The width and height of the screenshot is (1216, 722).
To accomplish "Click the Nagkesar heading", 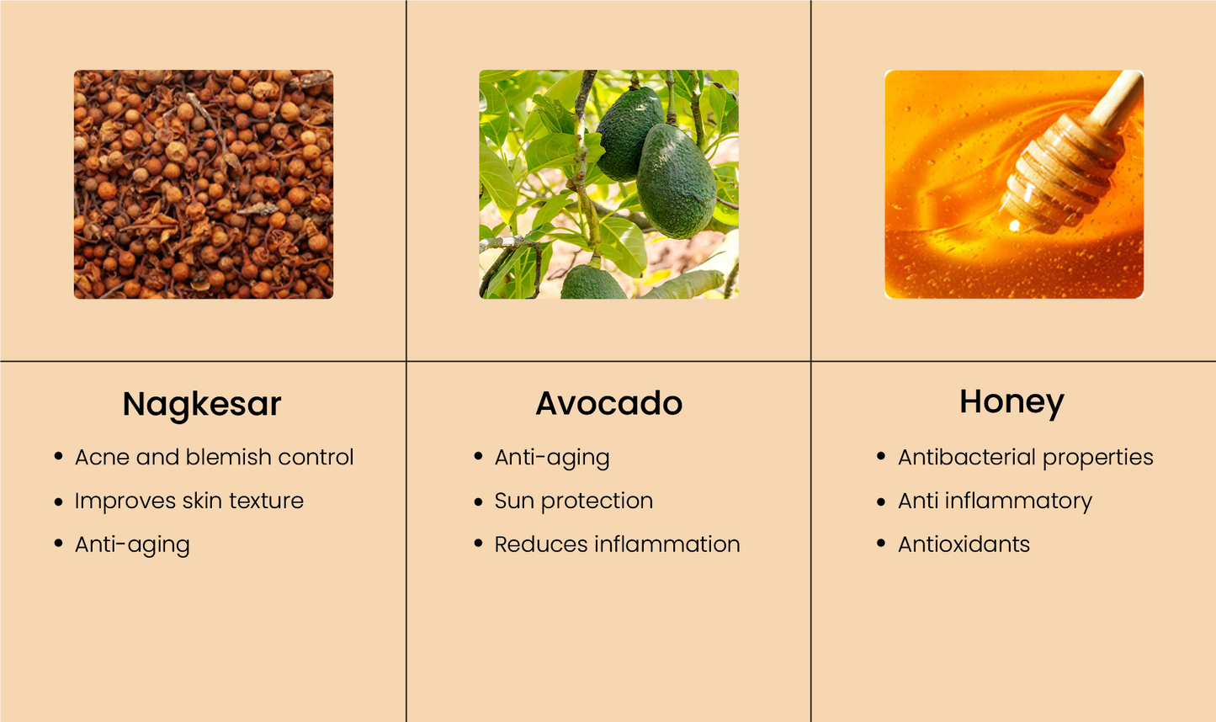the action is point(202,405).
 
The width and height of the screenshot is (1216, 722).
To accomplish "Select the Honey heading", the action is point(1012,403).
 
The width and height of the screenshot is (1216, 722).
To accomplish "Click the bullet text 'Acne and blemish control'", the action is point(214,457).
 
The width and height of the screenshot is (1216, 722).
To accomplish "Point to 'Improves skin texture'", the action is point(189,501).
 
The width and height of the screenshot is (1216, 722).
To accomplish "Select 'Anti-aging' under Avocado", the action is point(552,458).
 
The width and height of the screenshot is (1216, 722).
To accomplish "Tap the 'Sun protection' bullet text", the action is point(574,502).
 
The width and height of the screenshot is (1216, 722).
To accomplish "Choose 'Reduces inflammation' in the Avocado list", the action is point(617,544).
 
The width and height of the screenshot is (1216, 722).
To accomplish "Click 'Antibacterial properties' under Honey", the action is point(1026,458).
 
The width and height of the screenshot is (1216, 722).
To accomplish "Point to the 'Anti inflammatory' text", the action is point(995,502).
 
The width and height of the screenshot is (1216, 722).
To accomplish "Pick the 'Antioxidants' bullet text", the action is point(964,544).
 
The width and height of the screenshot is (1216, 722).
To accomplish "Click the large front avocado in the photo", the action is point(677,181).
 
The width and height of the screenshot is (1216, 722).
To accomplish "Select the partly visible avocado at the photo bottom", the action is point(593,282).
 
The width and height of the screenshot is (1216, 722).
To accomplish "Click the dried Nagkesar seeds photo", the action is point(204,184).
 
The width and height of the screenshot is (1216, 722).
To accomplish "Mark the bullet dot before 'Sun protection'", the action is point(478,502).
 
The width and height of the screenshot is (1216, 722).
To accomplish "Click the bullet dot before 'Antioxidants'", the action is point(881,544).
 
